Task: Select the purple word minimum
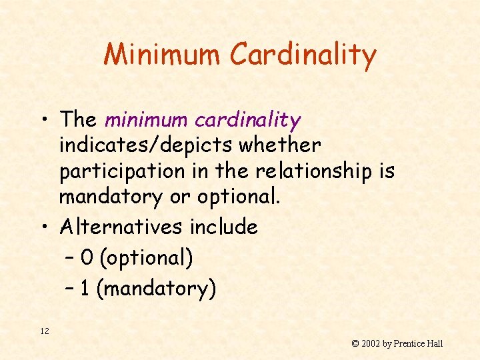pyautogui.click(x=147, y=120)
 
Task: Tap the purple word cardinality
pyautogui.click(x=248, y=121)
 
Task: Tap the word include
pyautogui.click(x=223, y=227)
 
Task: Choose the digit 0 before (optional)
pyautogui.click(x=86, y=258)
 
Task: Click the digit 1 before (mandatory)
pyautogui.click(x=85, y=289)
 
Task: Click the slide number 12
pyautogui.click(x=45, y=331)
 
